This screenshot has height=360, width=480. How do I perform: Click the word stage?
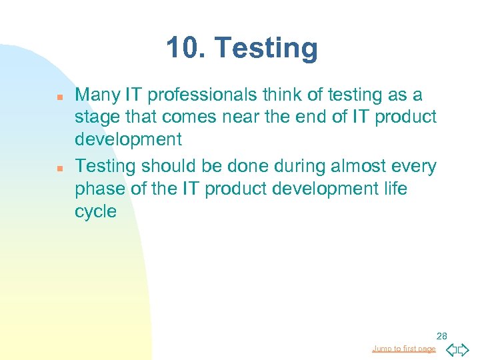(97, 118)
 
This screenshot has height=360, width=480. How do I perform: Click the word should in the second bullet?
(160, 166)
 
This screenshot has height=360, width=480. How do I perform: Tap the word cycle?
(95, 212)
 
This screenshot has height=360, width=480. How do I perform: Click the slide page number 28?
(442, 335)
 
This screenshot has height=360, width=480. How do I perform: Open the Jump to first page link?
(404, 349)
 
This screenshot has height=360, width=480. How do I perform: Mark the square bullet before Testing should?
(59, 168)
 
